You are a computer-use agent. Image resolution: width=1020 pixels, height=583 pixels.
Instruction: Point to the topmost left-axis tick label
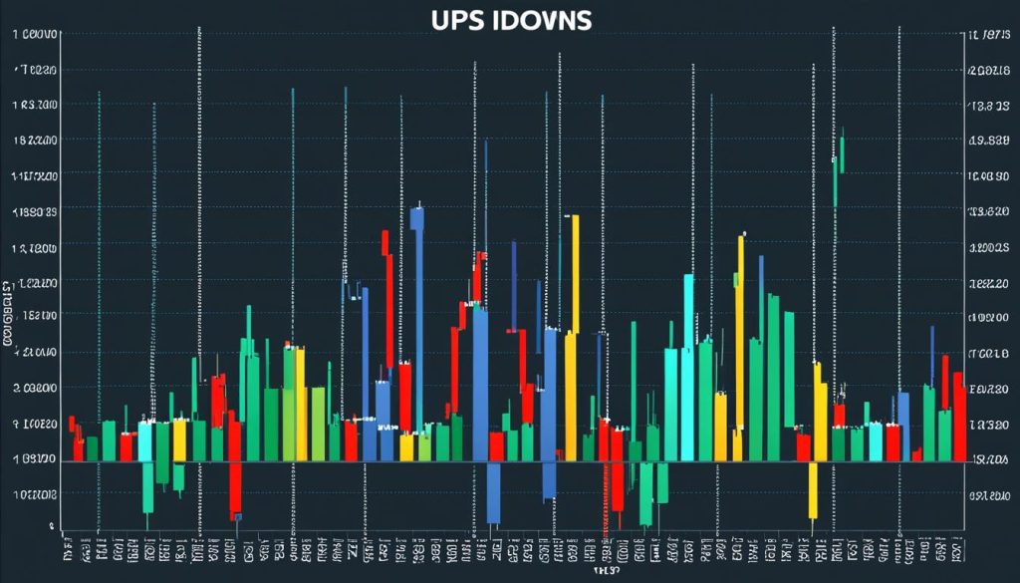35,35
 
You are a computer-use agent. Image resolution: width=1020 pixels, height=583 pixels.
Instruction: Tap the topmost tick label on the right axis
987,36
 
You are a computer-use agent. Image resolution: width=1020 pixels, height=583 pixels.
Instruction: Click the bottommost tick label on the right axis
987,495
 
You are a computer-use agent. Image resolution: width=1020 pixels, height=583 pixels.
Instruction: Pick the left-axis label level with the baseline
36,459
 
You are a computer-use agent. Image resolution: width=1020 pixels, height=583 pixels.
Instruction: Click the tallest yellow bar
573,329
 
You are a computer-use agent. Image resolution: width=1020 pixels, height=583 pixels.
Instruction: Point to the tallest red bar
385,299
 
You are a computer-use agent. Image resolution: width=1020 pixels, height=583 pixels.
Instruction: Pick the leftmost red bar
73,438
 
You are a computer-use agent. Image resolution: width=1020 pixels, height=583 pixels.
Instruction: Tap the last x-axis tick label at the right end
956,546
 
